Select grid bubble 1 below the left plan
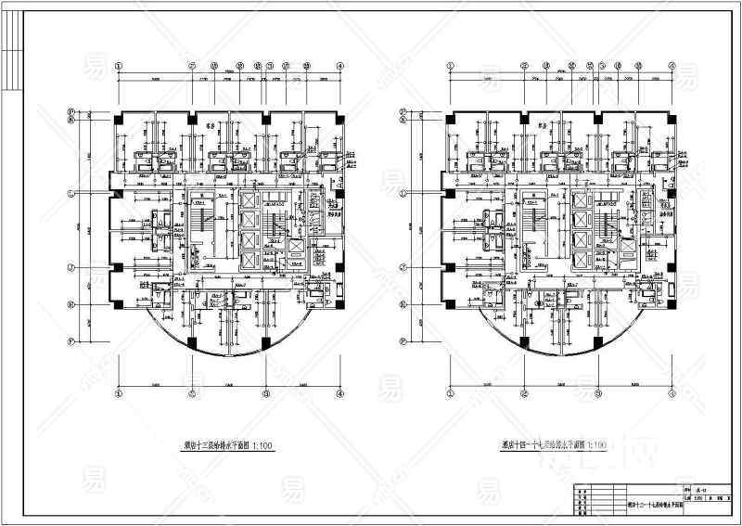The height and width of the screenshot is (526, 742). (119, 393)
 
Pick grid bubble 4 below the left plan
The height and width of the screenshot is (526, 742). (340, 393)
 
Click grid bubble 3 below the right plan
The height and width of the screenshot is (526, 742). (600, 393)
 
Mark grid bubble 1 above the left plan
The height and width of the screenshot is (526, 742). (119, 66)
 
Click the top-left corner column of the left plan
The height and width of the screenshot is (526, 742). (119, 118)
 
